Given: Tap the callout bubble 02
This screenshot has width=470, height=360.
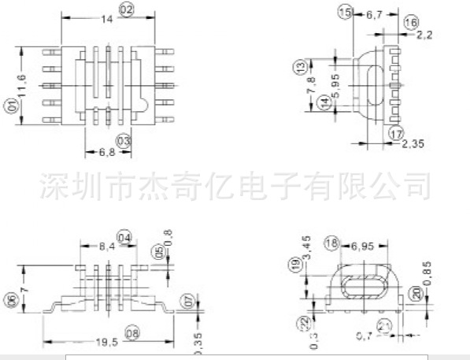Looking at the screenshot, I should pos(125,9).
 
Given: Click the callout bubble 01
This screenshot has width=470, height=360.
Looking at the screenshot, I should pos(13,106).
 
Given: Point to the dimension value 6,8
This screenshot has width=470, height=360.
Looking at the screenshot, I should pos(97,151).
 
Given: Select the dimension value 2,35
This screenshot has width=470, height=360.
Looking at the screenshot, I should pos(413,143).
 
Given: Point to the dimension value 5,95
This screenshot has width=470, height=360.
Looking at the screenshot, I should pos(335,84).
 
